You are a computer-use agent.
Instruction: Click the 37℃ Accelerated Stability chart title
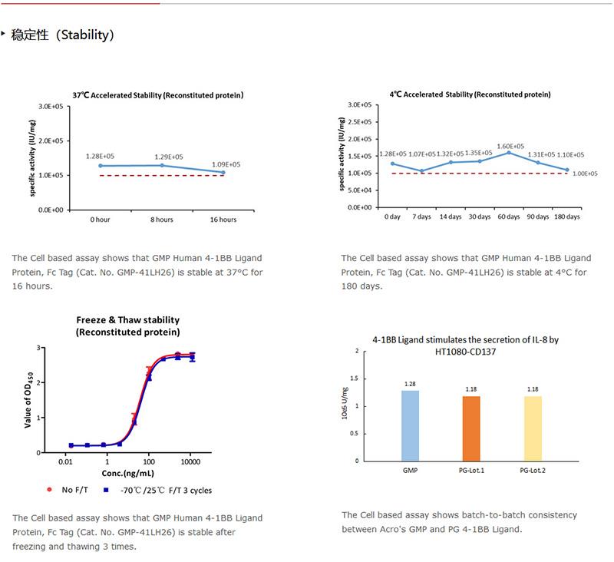pyautogui.click(x=157, y=95)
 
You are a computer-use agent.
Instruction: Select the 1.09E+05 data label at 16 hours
pyautogui.click(x=225, y=164)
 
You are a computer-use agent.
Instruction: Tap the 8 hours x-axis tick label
pyautogui.click(x=161, y=220)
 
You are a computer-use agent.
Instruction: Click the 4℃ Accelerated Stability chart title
pyautogui.click(x=470, y=94)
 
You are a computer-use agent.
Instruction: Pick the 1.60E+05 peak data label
pyautogui.click(x=510, y=146)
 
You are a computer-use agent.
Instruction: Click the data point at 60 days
pyautogui.click(x=509, y=153)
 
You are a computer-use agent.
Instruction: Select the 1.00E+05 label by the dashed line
pyautogui.click(x=585, y=174)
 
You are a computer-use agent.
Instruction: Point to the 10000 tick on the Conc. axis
pyautogui.click(x=190, y=462)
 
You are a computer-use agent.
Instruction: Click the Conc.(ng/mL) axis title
pyautogui.click(x=129, y=474)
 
